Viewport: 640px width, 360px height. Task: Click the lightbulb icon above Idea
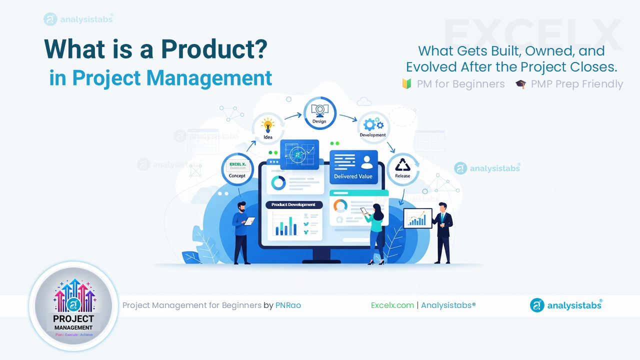click(268, 124)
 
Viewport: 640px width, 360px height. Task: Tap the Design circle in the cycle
click(319, 112)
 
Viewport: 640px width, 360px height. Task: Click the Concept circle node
click(237, 169)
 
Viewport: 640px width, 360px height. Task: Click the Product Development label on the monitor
click(293, 204)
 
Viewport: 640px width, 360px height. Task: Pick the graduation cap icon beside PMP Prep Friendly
click(521, 84)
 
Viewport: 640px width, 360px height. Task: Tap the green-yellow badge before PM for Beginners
click(406, 84)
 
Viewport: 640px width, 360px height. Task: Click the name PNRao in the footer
click(288, 305)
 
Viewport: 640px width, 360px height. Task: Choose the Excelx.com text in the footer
click(392, 305)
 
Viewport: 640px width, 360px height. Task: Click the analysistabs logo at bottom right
click(566, 305)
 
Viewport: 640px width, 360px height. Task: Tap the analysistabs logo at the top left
click(78, 19)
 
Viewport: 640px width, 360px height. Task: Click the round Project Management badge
click(74, 306)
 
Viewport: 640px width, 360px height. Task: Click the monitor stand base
click(320, 259)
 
